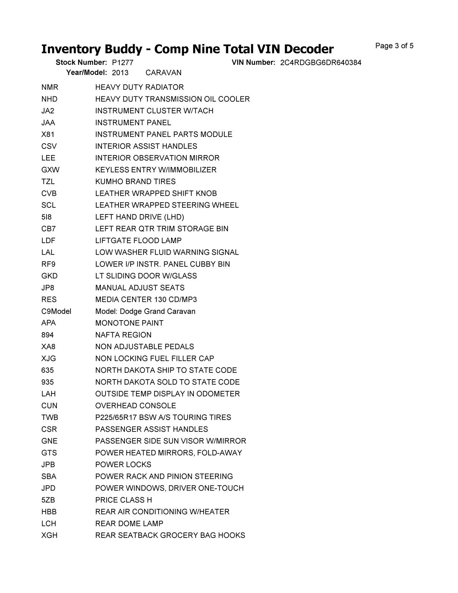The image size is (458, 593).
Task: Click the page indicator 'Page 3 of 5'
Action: tap(394, 46)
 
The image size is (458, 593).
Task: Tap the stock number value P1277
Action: tap(122, 63)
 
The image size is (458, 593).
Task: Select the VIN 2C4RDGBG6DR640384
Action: tap(321, 63)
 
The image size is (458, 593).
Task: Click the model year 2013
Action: tap(120, 73)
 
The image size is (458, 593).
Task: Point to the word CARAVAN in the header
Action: tap(164, 73)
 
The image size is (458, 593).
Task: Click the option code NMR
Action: tap(50, 87)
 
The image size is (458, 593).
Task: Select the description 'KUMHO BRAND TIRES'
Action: tap(135, 182)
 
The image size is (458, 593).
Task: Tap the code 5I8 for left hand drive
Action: tap(47, 217)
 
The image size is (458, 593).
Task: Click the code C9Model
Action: tap(56, 311)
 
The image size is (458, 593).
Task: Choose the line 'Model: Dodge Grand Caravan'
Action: tap(145, 311)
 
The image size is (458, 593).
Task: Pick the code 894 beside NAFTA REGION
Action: tap(48, 335)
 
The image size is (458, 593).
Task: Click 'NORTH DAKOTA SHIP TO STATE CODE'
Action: tap(166, 370)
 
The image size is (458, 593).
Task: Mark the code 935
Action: tap(48, 382)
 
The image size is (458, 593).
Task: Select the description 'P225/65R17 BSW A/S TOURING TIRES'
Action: tap(163, 418)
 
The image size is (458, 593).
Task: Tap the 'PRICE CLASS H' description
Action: tap(123, 500)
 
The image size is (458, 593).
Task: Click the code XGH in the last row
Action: tap(49, 535)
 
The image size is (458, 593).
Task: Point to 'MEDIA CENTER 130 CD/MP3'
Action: tap(146, 299)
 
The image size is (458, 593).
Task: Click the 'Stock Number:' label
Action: tap(81, 63)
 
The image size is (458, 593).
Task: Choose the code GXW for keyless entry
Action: tap(50, 170)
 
